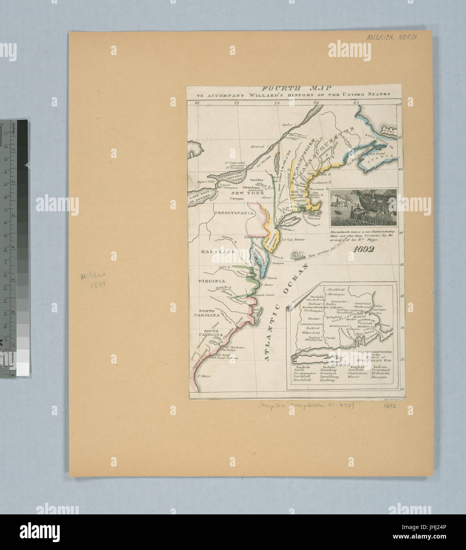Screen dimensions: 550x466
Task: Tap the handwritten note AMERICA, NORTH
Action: point(391,37)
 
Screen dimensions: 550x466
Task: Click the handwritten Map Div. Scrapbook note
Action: point(306,405)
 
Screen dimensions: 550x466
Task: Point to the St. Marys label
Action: point(203,376)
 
